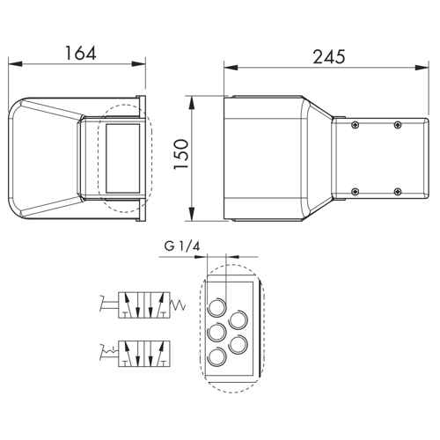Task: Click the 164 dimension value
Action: click(80, 53)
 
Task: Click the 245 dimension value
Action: click(329, 57)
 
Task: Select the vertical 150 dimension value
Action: click(180, 154)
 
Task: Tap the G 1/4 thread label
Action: click(182, 246)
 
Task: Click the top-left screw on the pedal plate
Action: click(356, 125)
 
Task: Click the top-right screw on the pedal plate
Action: click(398, 125)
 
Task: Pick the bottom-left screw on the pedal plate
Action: click(356, 192)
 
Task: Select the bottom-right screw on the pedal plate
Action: click(398, 192)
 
